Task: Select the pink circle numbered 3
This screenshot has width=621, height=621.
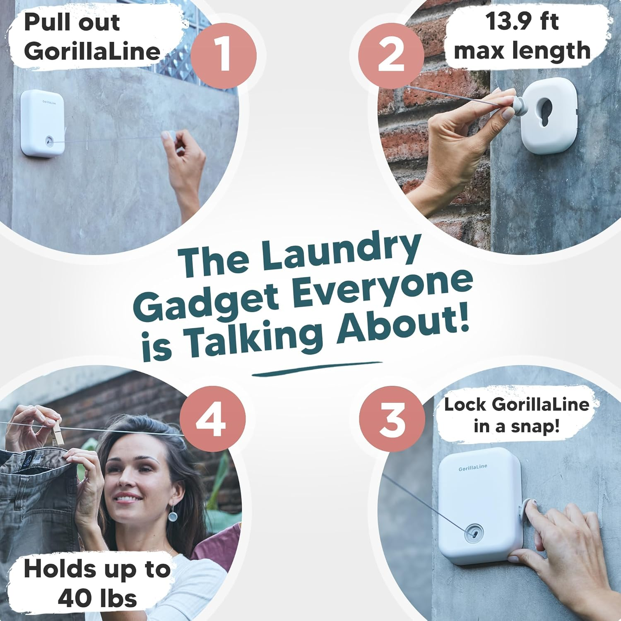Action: click(392, 419)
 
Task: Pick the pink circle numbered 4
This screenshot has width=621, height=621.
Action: click(212, 419)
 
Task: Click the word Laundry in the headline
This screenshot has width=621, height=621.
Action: click(340, 251)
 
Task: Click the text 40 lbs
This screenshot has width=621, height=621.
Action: click(97, 598)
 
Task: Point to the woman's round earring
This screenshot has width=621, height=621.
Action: click(173, 516)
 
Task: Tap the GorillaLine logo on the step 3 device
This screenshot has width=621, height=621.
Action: click(473, 468)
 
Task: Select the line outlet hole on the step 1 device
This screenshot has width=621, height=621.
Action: click(50, 141)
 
